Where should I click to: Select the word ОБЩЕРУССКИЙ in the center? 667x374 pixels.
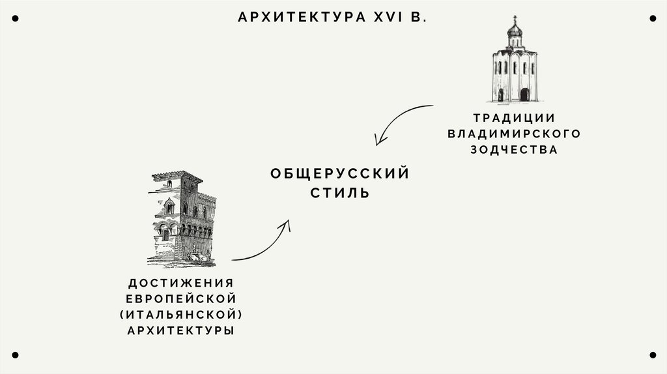(x=339, y=174)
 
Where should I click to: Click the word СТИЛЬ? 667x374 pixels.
(x=339, y=194)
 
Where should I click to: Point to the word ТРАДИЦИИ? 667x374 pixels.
(x=514, y=118)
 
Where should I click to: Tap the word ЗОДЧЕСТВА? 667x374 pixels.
(x=514, y=149)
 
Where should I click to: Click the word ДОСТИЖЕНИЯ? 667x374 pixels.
(x=180, y=283)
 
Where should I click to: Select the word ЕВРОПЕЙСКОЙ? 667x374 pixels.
(x=180, y=299)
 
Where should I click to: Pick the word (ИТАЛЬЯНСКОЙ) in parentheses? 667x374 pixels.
(x=180, y=315)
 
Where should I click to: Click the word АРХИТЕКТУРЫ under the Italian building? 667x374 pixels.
(x=180, y=331)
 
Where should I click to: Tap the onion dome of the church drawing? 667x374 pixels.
(x=515, y=30)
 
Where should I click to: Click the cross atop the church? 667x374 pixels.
(x=515, y=18)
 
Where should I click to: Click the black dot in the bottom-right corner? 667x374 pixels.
(x=652, y=355)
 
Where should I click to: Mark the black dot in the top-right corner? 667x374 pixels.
(x=652, y=19)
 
